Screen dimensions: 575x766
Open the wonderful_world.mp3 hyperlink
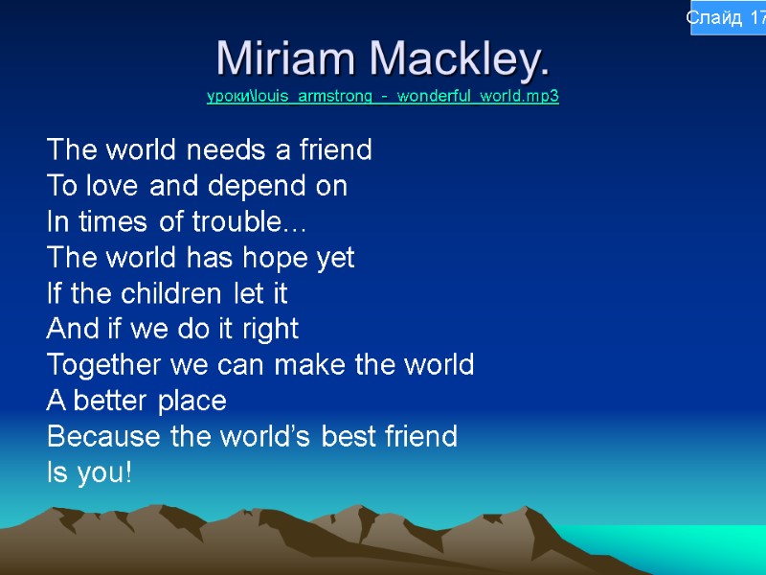click(x=383, y=97)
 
